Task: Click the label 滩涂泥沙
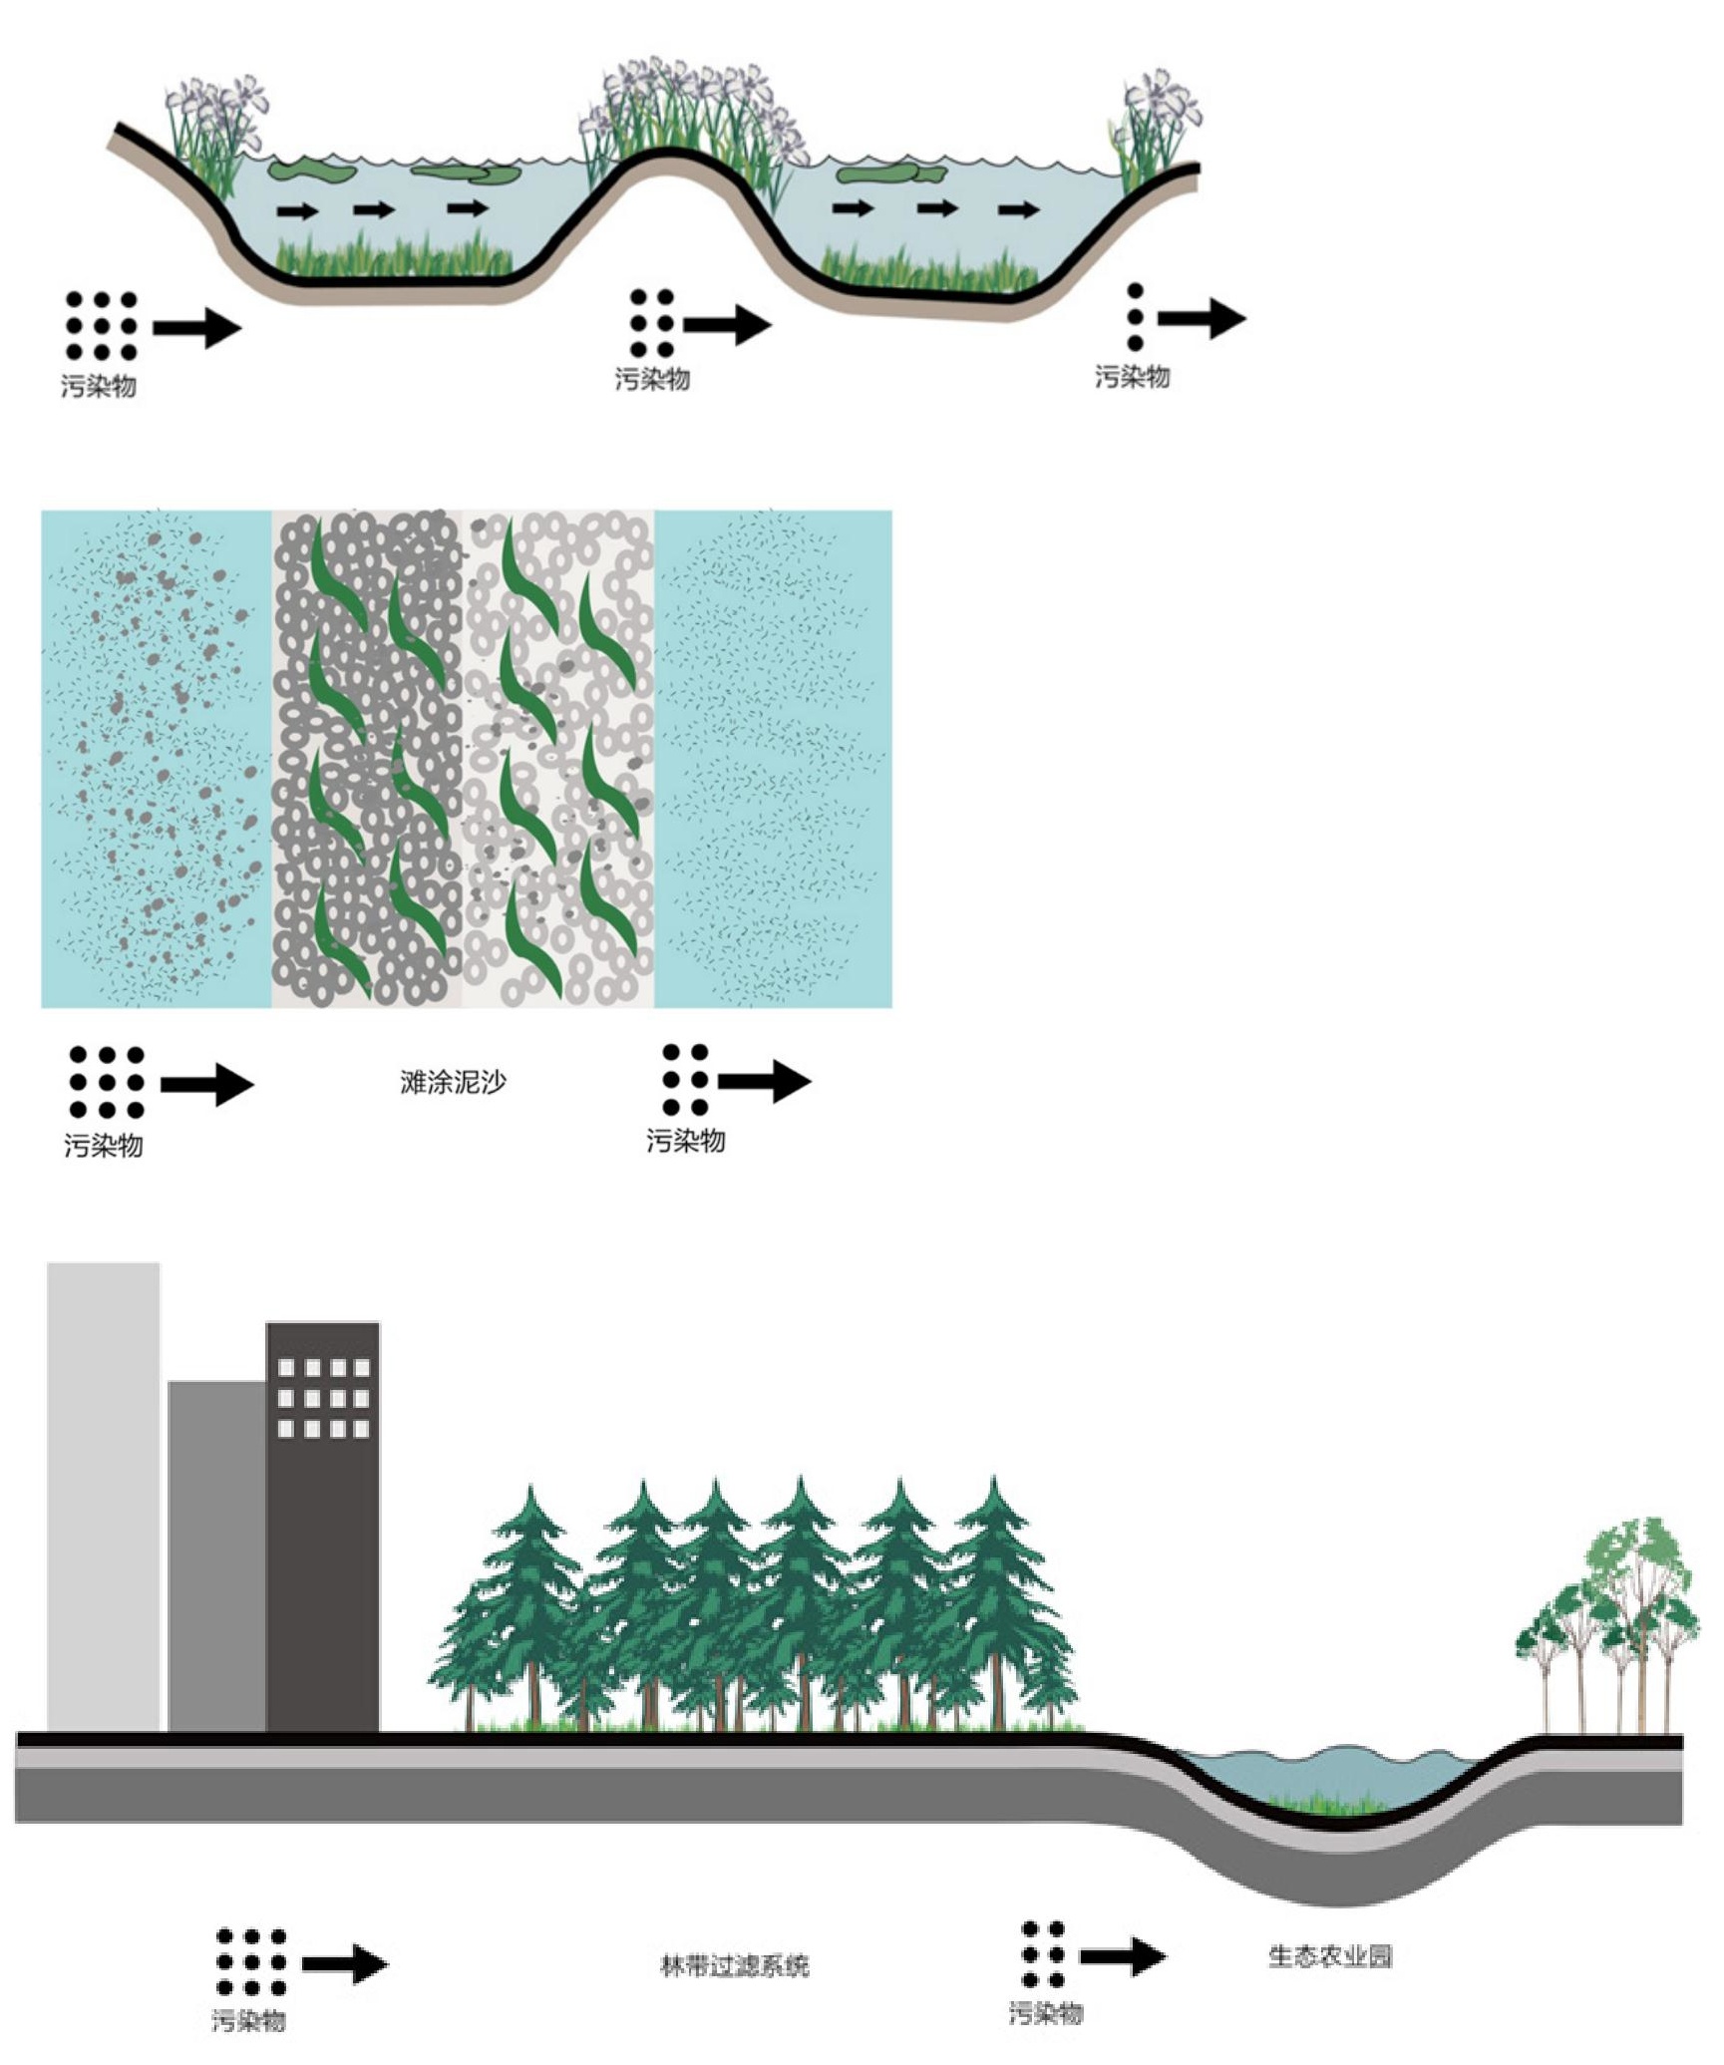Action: click(453, 1082)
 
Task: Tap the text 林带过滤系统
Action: click(735, 1965)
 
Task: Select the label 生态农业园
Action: click(1329, 1955)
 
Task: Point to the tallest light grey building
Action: click(103, 1496)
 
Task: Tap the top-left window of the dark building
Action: click(286, 1367)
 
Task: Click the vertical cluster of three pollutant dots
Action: click(1135, 317)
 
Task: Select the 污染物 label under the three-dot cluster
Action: click(1132, 376)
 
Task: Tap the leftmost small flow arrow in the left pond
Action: click(297, 210)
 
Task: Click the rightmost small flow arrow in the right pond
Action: click(1018, 209)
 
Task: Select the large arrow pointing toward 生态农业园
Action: click(1123, 1956)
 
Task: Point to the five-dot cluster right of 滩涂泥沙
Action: click(685, 1079)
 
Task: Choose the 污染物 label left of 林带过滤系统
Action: click(248, 2020)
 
